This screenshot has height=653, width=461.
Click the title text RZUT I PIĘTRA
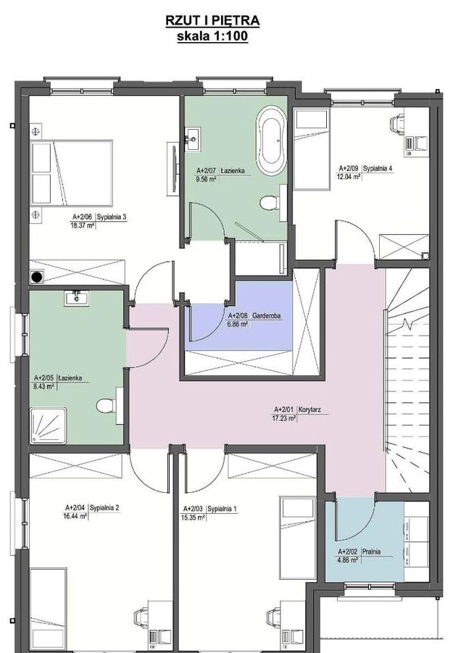click(212, 20)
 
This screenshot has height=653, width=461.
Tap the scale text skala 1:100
click(212, 36)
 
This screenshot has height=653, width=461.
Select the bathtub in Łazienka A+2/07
click(271, 141)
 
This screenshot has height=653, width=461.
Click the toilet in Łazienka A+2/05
click(106, 405)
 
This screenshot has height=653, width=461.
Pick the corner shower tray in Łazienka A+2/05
click(49, 425)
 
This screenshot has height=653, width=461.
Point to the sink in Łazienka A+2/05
click(76, 298)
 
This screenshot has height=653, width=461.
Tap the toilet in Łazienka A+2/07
click(270, 203)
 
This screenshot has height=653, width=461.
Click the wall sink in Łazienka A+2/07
click(193, 140)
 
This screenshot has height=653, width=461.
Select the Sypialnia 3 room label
click(111, 217)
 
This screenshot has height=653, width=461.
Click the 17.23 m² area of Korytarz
click(283, 417)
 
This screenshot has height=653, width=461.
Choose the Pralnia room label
click(371, 552)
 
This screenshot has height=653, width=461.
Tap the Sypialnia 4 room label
click(378, 169)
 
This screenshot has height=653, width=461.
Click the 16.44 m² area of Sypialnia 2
click(75, 516)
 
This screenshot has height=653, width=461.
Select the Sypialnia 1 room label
click(222, 509)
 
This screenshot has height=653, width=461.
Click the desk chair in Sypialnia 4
click(397, 124)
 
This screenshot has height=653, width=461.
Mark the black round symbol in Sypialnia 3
click(38, 276)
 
